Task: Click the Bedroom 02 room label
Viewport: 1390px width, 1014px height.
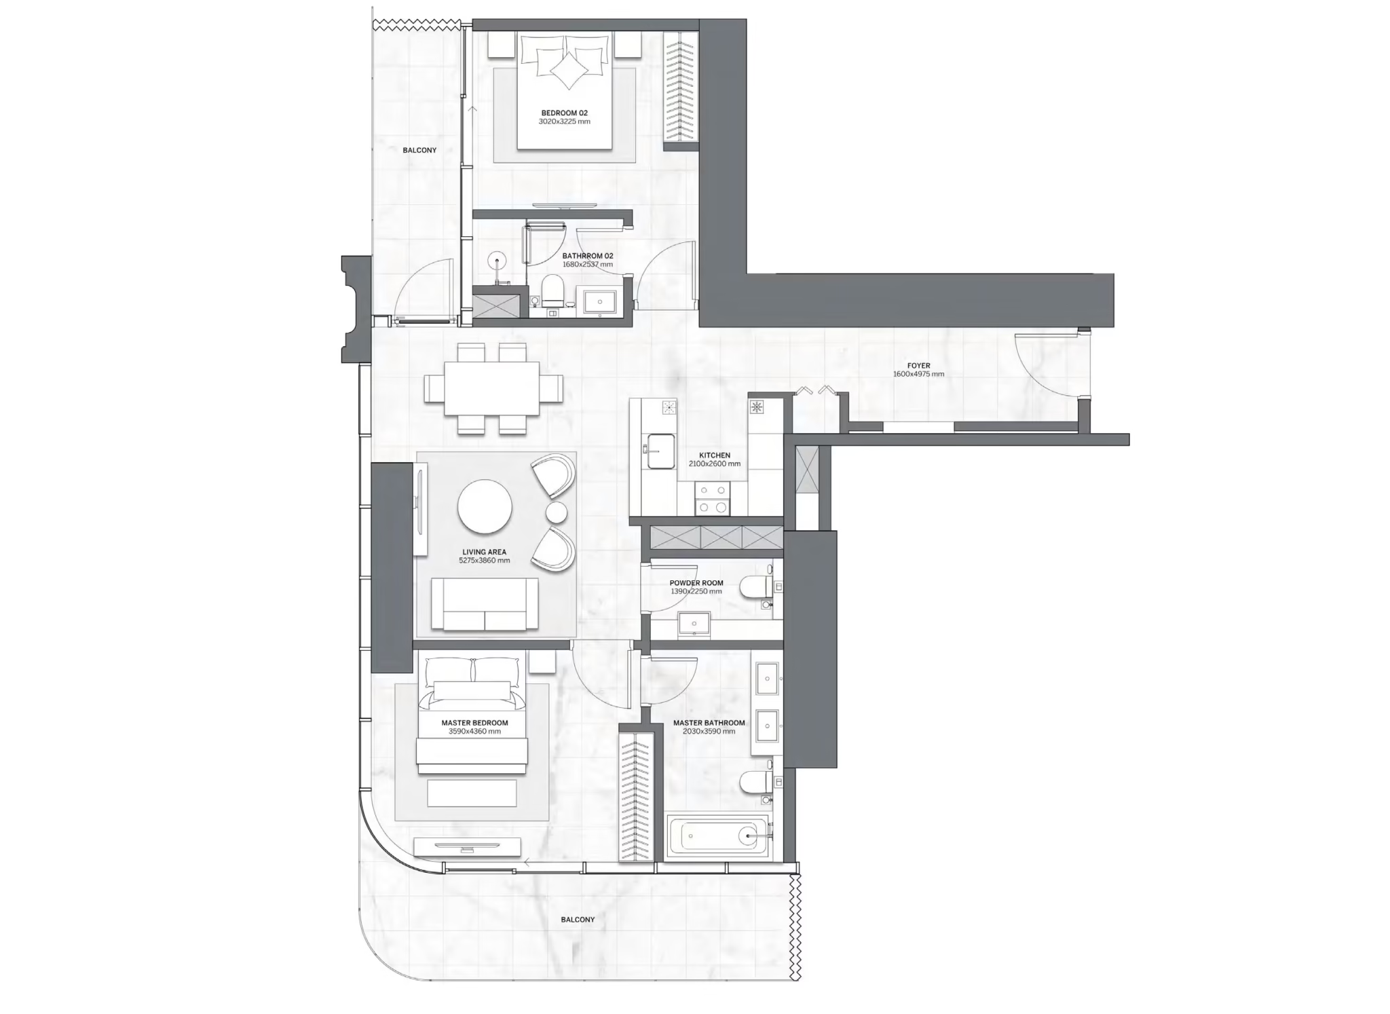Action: click(x=564, y=113)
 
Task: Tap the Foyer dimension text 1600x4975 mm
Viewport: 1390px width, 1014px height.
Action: click(x=918, y=374)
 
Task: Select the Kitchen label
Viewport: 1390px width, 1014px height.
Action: click(x=715, y=455)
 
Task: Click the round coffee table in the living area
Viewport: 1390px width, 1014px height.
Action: click(x=485, y=506)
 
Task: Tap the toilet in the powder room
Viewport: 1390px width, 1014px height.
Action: click(x=755, y=588)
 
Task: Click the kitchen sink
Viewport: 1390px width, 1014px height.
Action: click(x=660, y=451)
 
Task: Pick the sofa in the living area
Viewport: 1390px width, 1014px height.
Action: click(x=485, y=604)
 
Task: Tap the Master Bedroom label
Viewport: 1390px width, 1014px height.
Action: click(x=474, y=723)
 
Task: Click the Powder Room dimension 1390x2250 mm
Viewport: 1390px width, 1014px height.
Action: click(x=696, y=592)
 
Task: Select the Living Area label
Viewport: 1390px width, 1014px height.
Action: click(x=484, y=552)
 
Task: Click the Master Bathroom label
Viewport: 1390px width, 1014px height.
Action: click(x=709, y=723)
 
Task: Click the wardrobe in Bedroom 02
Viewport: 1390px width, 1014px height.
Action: click(x=681, y=88)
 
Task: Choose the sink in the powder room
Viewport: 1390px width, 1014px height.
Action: click(x=694, y=624)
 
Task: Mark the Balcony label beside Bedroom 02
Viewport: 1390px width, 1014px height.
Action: click(x=419, y=150)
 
